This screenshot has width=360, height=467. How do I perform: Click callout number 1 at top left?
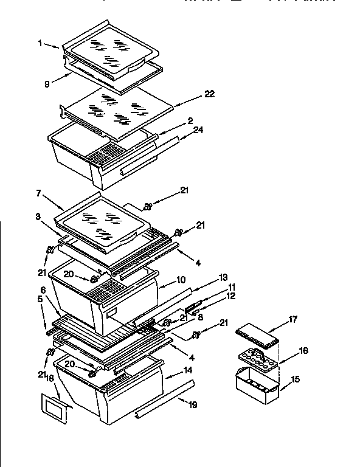pyautogui.click(x=40, y=43)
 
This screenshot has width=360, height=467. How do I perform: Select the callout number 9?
pyautogui.click(x=47, y=85)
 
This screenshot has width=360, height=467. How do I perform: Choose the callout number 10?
pyautogui.click(x=181, y=280)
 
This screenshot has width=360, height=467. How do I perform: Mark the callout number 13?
pyautogui.click(x=206, y=277)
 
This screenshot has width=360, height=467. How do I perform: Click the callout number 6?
pyautogui.click(x=44, y=289)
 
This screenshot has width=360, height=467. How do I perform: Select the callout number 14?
pyautogui.click(x=188, y=370)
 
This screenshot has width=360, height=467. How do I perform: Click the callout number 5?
pyautogui.click(x=40, y=299)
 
